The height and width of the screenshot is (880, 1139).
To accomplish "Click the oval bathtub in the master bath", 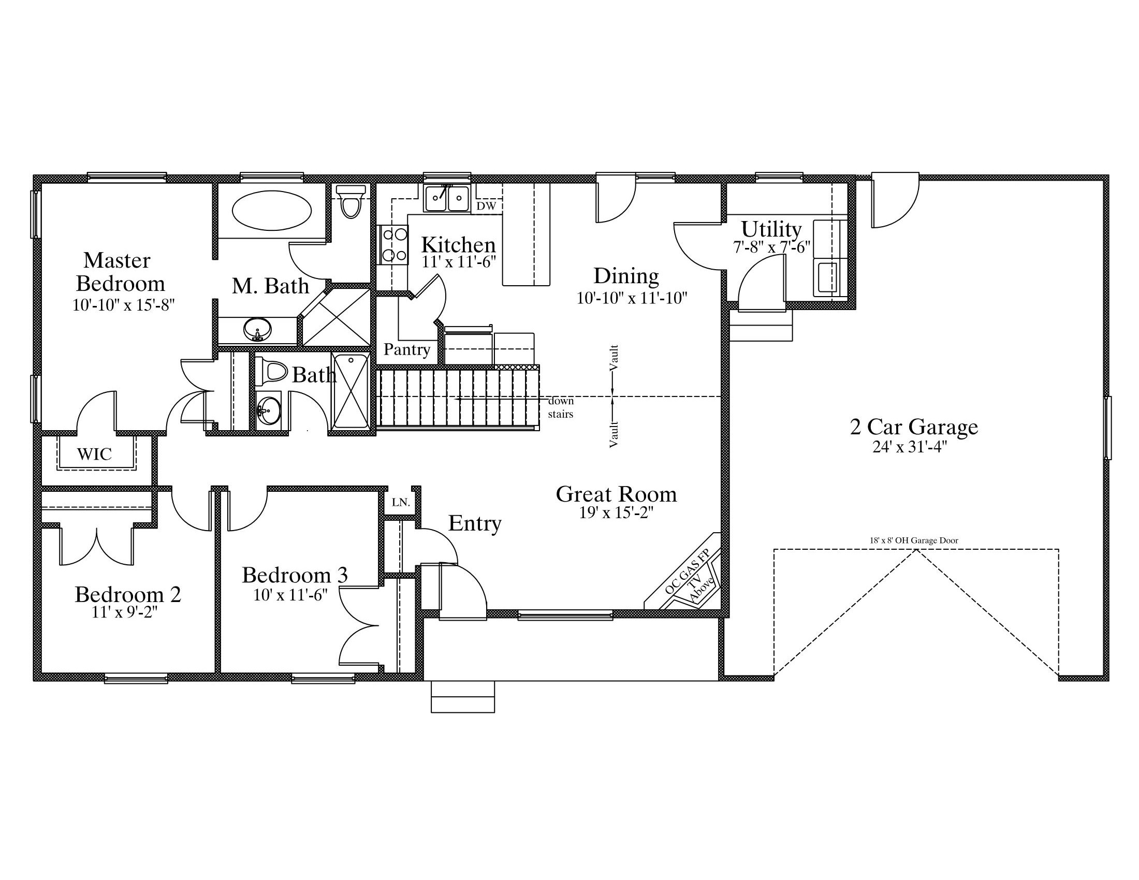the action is [x=271, y=211].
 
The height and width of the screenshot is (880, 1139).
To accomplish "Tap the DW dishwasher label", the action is [x=486, y=206].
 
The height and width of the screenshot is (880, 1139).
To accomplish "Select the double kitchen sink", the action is [x=447, y=198].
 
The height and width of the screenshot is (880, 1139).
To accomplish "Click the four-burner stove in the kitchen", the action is [x=395, y=245].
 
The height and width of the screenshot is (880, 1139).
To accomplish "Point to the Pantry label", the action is [x=407, y=349].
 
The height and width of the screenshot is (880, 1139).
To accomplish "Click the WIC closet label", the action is [x=94, y=454].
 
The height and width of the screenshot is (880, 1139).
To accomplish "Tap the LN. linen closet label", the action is [x=401, y=503].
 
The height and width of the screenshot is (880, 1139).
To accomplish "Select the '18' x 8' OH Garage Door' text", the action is [x=914, y=540].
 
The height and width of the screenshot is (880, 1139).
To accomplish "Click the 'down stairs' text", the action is [x=561, y=407].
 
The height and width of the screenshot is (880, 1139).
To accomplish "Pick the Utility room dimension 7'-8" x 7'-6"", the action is [x=772, y=247].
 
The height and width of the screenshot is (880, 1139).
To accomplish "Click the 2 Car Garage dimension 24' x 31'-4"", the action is [x=910, y=447].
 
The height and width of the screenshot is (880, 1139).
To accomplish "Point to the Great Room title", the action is [x=617, y=494].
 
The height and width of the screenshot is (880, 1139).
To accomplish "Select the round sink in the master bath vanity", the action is [x=258, y=329].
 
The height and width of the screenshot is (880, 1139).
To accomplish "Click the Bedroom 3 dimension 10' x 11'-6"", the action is [x=290, y=595].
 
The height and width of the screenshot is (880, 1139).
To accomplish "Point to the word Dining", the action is [x=626, y=276].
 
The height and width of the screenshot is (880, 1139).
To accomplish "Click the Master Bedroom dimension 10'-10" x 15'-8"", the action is [x=123, y=305].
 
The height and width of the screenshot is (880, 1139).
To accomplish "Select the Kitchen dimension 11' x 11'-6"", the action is [x=459, y=262].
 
